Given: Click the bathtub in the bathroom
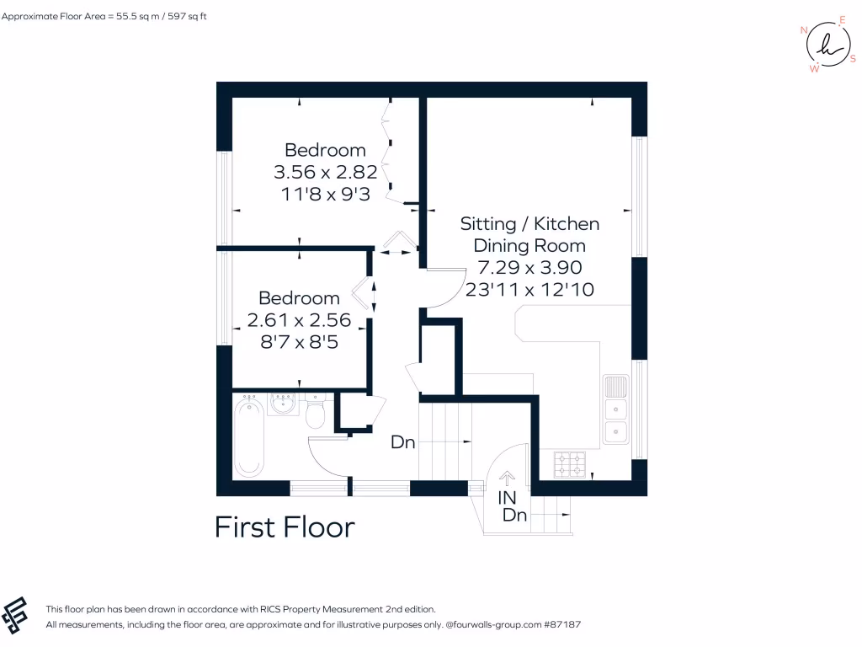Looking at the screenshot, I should pyautogui.click(x=248, y=438).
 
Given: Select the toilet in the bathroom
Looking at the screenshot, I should pyautogui.click(x=316, y=414).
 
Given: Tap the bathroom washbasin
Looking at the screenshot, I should pyautogui.click(x=282, y=407).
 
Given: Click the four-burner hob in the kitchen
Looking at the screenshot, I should pyautogui.click(x=569, y=463).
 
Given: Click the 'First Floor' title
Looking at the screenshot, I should pyautogui.click(x=285, y=527).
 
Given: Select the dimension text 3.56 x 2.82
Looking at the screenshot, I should pyautogui.click(x=325, y=172).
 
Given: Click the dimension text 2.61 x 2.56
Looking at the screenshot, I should pyautogui.click(x=299, y=320).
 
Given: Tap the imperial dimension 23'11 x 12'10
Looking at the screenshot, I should pyautogui.click(x=530, y=290).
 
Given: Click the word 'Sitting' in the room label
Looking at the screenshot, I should pyautogui.click(x=487, y=224).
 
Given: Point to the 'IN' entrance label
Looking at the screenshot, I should pyautogui.click(x=507, y=498).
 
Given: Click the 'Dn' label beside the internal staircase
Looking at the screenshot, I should pyautogui.click(x=403, y=442).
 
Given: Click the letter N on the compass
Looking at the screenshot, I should pyautogui.click(x=804, y=30).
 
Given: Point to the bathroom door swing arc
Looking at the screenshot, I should pyautogui.click(x=319, y=460).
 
